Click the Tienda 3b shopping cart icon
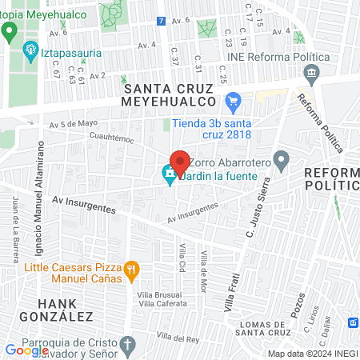[x=234, y=102]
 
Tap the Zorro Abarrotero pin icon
[x=281, y=161]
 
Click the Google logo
[x=26, y=350]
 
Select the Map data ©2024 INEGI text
[x=313, y=354]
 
